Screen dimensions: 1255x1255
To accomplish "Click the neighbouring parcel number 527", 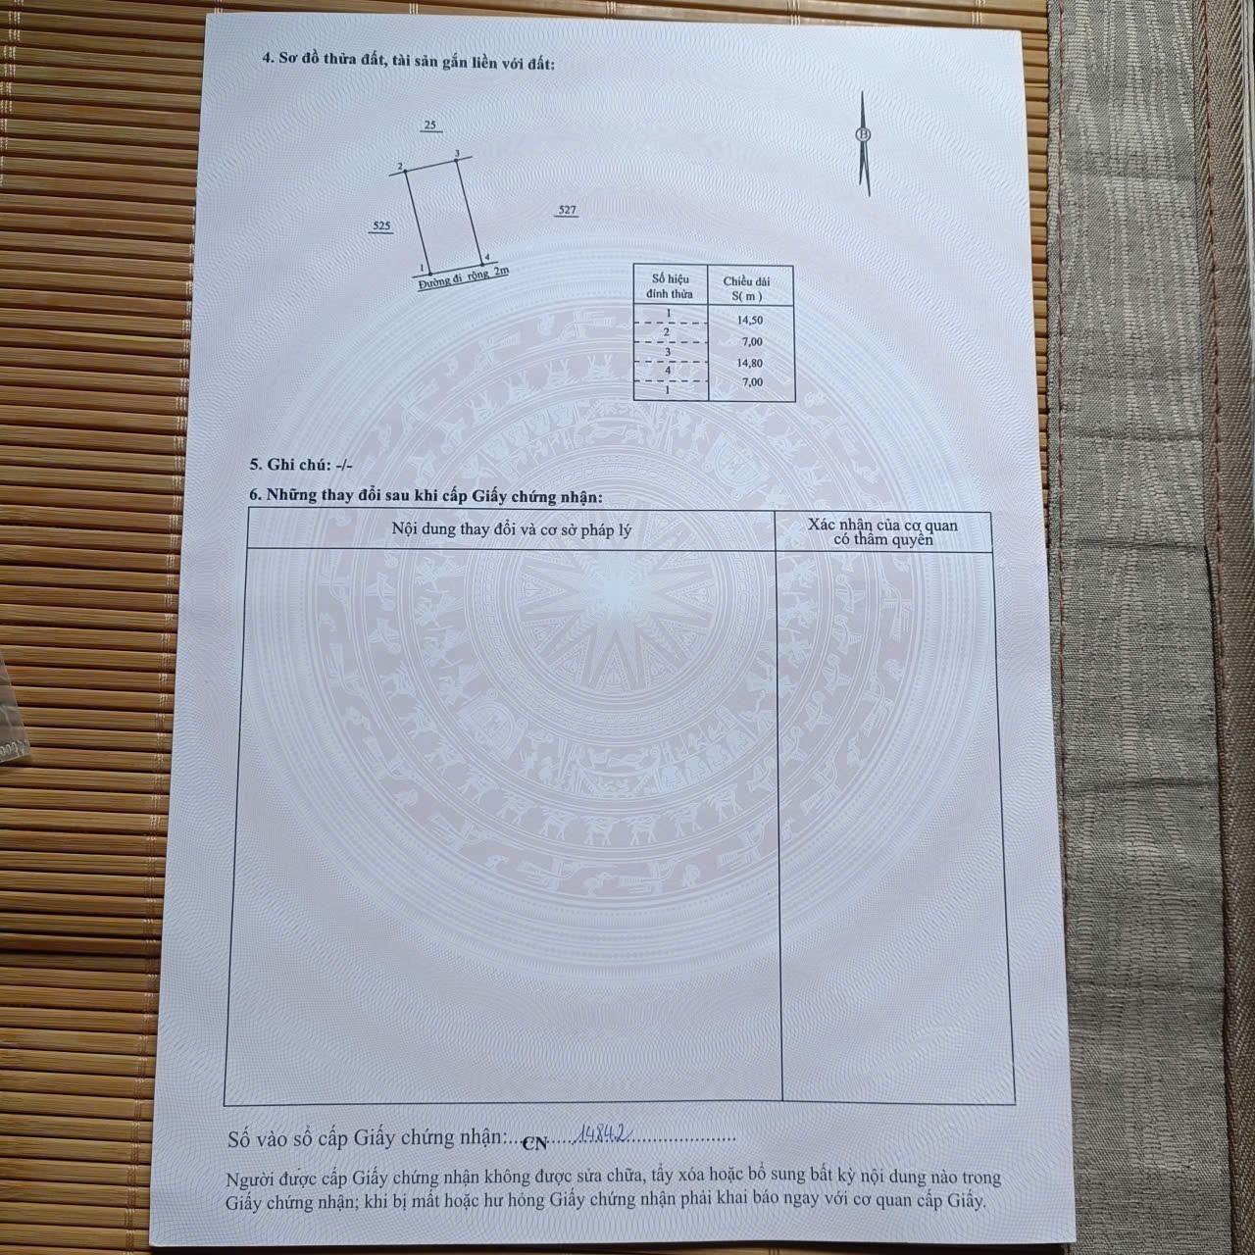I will (x=567, y=210).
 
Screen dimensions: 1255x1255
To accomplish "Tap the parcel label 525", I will (x=381, y=226).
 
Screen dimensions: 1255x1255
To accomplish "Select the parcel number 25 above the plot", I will (x=429, y=125).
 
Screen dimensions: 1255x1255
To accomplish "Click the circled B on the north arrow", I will (x=863, y=135).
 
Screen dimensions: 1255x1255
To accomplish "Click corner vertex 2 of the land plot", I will (x=406, y=173).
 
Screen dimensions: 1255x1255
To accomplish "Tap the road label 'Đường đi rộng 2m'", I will (x=463, y=277).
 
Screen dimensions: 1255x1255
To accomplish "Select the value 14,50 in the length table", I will (x=750, y=320).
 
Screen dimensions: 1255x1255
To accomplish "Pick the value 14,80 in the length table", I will (x=750, y=362).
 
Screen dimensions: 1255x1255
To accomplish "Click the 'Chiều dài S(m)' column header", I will (x=747, y=287).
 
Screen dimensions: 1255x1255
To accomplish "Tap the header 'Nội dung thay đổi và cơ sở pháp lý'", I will (x=511, y=529).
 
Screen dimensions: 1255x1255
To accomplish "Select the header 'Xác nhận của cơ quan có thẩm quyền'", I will (x=882, y=531).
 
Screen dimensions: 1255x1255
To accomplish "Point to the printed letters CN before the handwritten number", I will (x=535, y=1142).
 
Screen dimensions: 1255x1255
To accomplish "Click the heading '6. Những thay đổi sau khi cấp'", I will (x=426, y=496).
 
